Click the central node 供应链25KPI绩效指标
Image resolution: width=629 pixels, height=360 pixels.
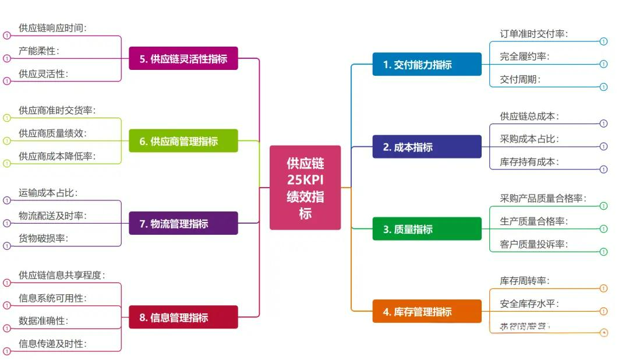click(x=305, y=188)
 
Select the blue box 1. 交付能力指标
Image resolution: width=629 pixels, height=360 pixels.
click(x=427, y=64)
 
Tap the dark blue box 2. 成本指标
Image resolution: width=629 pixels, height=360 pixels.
click(x=427, y=147)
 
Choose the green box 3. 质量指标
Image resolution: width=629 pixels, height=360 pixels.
click(x=427, y=229)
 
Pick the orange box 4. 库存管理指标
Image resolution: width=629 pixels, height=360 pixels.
click(x=427, y=312)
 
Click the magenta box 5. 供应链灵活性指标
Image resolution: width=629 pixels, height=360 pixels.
click(x=183, y=58)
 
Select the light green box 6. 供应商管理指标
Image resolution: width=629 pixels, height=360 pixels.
click(x=183, y=141)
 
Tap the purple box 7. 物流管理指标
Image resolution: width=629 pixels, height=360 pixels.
click(x=183, y=223)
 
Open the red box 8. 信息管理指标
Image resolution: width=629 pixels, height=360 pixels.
click(x=183, y=317)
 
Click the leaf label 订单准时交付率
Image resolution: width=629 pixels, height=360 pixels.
click(x=533, y=34)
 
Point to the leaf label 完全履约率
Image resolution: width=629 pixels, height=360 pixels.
click(x=524, y=57)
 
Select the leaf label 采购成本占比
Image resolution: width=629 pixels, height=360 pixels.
click(x=529, y=139)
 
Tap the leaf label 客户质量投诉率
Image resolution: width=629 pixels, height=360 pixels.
click(x=533, y=245)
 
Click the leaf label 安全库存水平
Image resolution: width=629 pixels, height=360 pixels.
click(x=529, y=303)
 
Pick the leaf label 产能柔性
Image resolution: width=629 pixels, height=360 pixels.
click(x=38, y=51)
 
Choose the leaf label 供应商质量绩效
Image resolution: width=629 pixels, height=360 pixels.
click(x=52, y=133)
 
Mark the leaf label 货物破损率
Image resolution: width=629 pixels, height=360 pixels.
click(x=43, y=238)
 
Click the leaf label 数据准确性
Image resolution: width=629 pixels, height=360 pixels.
click(x=43, y=321)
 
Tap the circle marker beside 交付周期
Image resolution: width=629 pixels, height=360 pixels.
click(x=603, y=87)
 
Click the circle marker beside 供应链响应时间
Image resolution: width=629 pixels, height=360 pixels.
click(x=7, y=35)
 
